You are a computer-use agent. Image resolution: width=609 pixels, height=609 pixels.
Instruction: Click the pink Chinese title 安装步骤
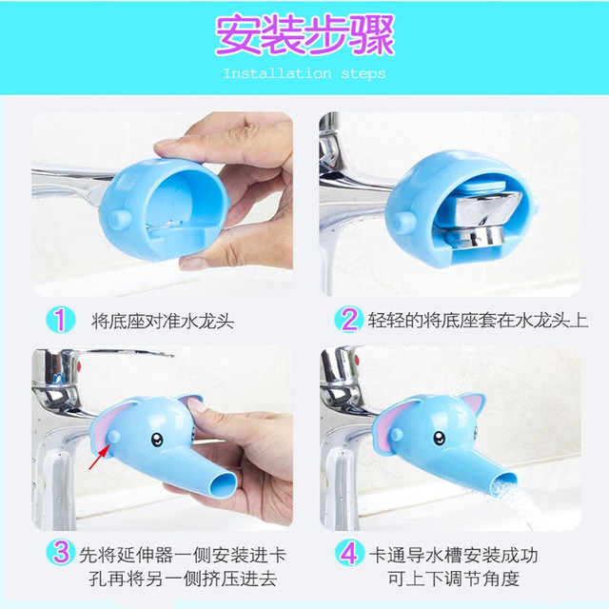click(x=304, y=35)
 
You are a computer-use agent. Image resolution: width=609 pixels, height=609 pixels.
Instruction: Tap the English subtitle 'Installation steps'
click(x=304, y=73)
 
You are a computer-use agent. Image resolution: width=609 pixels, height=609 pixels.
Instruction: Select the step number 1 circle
click(x=60, y=320)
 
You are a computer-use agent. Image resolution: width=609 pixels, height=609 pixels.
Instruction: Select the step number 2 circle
click(x=348, y=320)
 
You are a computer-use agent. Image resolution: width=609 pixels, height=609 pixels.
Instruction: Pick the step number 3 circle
click(x=61, y=552)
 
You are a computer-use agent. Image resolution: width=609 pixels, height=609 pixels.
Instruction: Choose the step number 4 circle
click(x=349, y=552)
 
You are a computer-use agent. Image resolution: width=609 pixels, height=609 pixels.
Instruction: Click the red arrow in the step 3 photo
click(x=99, y=457)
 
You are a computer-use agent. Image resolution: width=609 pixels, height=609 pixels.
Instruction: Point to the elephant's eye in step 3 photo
click(x=156, y=439)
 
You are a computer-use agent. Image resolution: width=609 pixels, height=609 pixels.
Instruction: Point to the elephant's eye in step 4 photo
click(x=440, y=438)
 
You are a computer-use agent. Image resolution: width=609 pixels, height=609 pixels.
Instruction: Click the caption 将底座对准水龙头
click(x=163, y=322)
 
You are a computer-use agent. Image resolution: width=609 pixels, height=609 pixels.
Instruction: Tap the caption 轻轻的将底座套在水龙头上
click(x=478, y=321)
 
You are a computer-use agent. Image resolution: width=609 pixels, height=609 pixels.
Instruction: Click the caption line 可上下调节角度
click(x=453, y=579)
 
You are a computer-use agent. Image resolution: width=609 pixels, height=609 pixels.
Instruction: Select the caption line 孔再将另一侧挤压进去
click(x=183, y=579)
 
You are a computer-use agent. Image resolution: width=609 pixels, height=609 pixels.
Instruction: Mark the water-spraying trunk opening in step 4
click(x=503, y=484)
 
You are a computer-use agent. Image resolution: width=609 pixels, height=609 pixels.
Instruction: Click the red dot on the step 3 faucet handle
click(x=80, y=365)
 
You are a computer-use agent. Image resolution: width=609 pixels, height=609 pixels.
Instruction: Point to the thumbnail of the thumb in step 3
click(x=196, y=406)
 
